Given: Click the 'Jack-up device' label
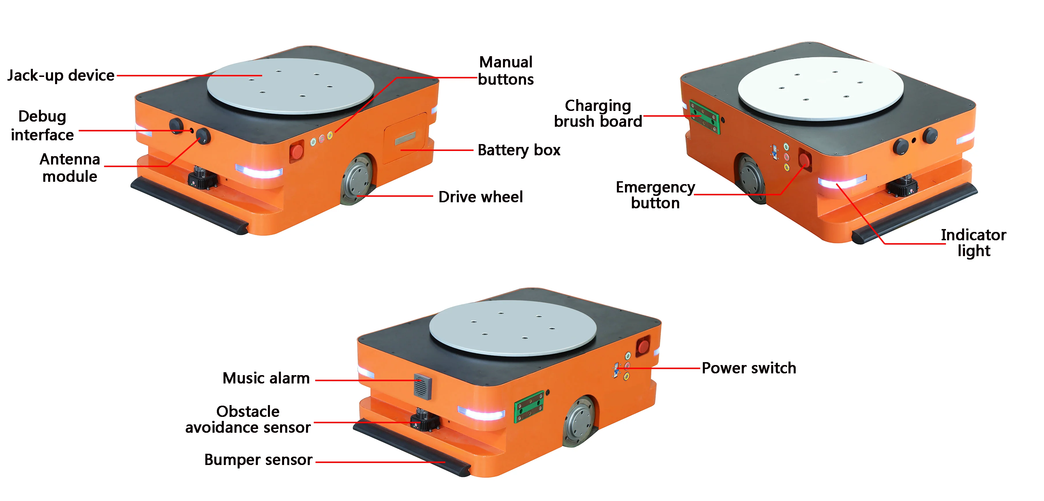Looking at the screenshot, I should pos(61,75).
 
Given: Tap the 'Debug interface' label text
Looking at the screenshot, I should pos(42,126).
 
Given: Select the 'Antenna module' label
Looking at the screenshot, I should pos(70,168).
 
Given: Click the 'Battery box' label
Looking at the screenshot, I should pos(519,150).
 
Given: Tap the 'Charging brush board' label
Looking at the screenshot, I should pos(598,114).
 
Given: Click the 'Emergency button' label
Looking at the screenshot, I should pos(655,195).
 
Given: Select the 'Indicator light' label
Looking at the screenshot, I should pos(973,243).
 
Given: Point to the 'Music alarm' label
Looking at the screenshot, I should pos(266,378).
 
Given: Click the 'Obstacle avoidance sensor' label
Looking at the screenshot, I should pos(248,419).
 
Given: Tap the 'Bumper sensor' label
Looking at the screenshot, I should pos(258,460).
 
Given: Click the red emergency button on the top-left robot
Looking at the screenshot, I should pos(297,152).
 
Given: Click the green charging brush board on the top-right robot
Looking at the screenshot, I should pos(704,117).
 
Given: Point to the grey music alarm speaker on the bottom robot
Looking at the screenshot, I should pos(422,386).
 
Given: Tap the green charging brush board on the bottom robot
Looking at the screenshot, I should pos(529,406).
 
